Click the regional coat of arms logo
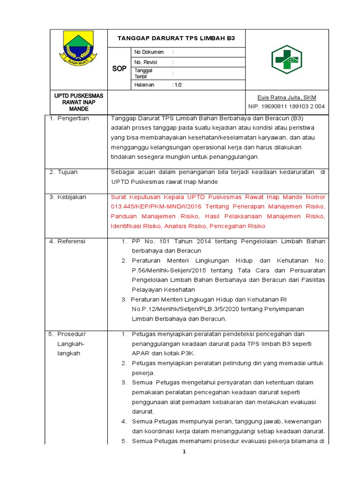pyautogui.click(x=78, y=48)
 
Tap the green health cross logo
pyautogui.click(x=287, y=60)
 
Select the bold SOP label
pyautogui.click(x=120, y=69)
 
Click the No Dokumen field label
pyautogui.click(x=149, y=52)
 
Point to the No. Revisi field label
pyautogui.click(x=146, y=62)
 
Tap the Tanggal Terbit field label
pyautogui.click(x=143, y=73)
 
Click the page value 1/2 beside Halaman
pyautogui.click(x=178, y=85)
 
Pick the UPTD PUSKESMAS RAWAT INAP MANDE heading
pyautogui.click(x=79, y=102)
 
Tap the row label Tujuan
pyautogui.click(x=67, y=172)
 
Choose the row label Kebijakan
pyautogui.click(x=71, y=197)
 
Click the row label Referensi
pyautogui.click(x=71, y=241)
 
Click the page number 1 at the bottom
pyautogui.click(x=185, y=451)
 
